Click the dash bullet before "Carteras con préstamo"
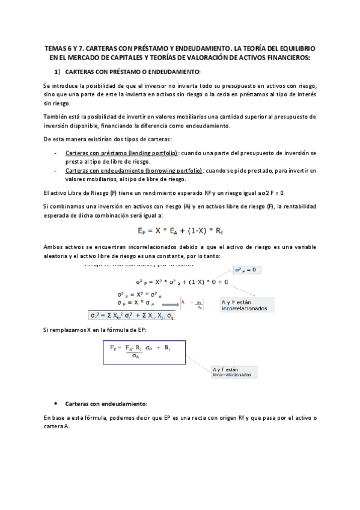pos(55,153)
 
